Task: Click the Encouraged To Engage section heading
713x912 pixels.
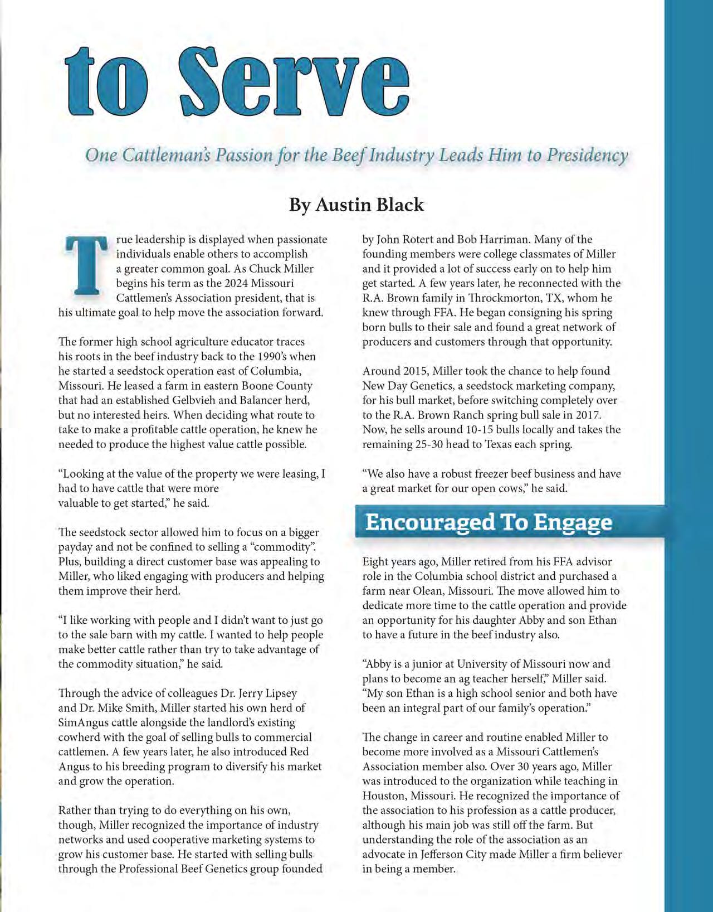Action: (488, 522)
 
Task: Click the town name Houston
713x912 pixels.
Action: (384, 795)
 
